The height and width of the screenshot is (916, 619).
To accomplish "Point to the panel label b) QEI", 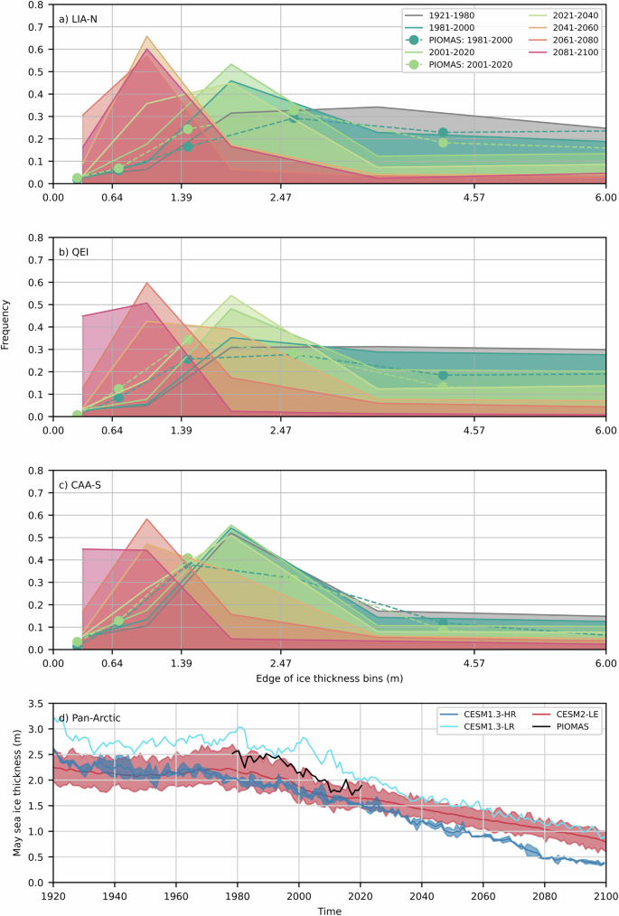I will point(73,250).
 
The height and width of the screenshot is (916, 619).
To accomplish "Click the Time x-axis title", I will point(329,910).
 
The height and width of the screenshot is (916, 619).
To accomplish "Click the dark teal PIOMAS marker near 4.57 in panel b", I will point(443,375).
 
